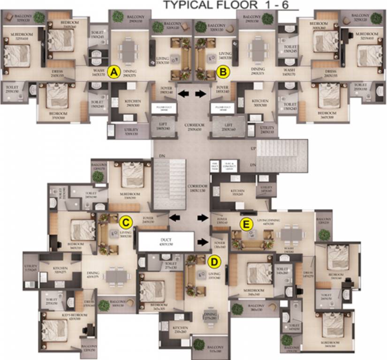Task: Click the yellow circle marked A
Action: [x=113, y=72]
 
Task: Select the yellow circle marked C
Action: [x=125, y=221]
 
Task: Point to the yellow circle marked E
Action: [x=244, y=225]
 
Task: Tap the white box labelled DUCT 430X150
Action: [x=166, y=241]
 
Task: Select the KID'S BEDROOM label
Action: [x=72, y=316]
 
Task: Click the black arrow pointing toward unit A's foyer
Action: [x=184, y=94]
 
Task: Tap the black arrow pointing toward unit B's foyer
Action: [x=201, y=94]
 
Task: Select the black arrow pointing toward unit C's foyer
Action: [x=175, y=217]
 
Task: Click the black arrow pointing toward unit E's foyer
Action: [x=203, y=217]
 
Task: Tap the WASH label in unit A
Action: [x=99, y=71]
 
